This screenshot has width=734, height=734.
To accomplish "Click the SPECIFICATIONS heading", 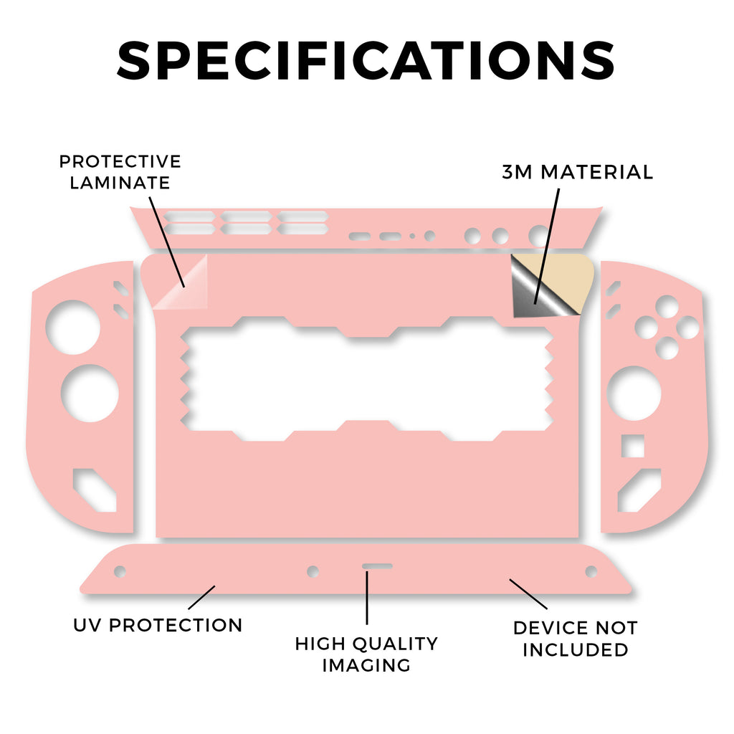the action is (x=366, y=60).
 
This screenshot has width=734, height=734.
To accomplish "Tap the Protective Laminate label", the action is (x=120, y=172).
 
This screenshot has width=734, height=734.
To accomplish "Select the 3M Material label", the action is (x=577, y=172).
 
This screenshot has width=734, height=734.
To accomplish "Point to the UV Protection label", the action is (x=158, y=625).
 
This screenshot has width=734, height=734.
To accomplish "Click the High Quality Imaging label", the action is (x=366, y=654).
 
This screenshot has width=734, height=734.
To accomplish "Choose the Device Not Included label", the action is (x=576, y=639).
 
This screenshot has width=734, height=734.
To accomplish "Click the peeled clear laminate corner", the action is (x=180, y=282).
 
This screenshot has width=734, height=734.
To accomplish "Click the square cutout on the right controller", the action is (x=632, y=446).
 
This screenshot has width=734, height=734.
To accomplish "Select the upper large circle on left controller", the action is (x=73, y=327).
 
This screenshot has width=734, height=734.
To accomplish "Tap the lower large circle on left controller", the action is (x=90, y=394).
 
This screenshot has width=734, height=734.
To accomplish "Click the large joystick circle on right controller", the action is (x=634, y=394).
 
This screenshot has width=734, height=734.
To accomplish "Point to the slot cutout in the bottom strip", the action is (x=377, y=566).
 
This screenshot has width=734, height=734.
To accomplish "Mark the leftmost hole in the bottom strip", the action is (x=120, y=571).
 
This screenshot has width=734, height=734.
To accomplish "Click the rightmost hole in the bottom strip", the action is (x=591, y=571).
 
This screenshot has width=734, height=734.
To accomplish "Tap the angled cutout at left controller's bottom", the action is (x=95, y=490).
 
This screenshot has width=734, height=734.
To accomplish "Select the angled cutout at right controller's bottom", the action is (x=639, y=490).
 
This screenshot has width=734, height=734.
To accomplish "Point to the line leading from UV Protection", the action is (x=201, y=597).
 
